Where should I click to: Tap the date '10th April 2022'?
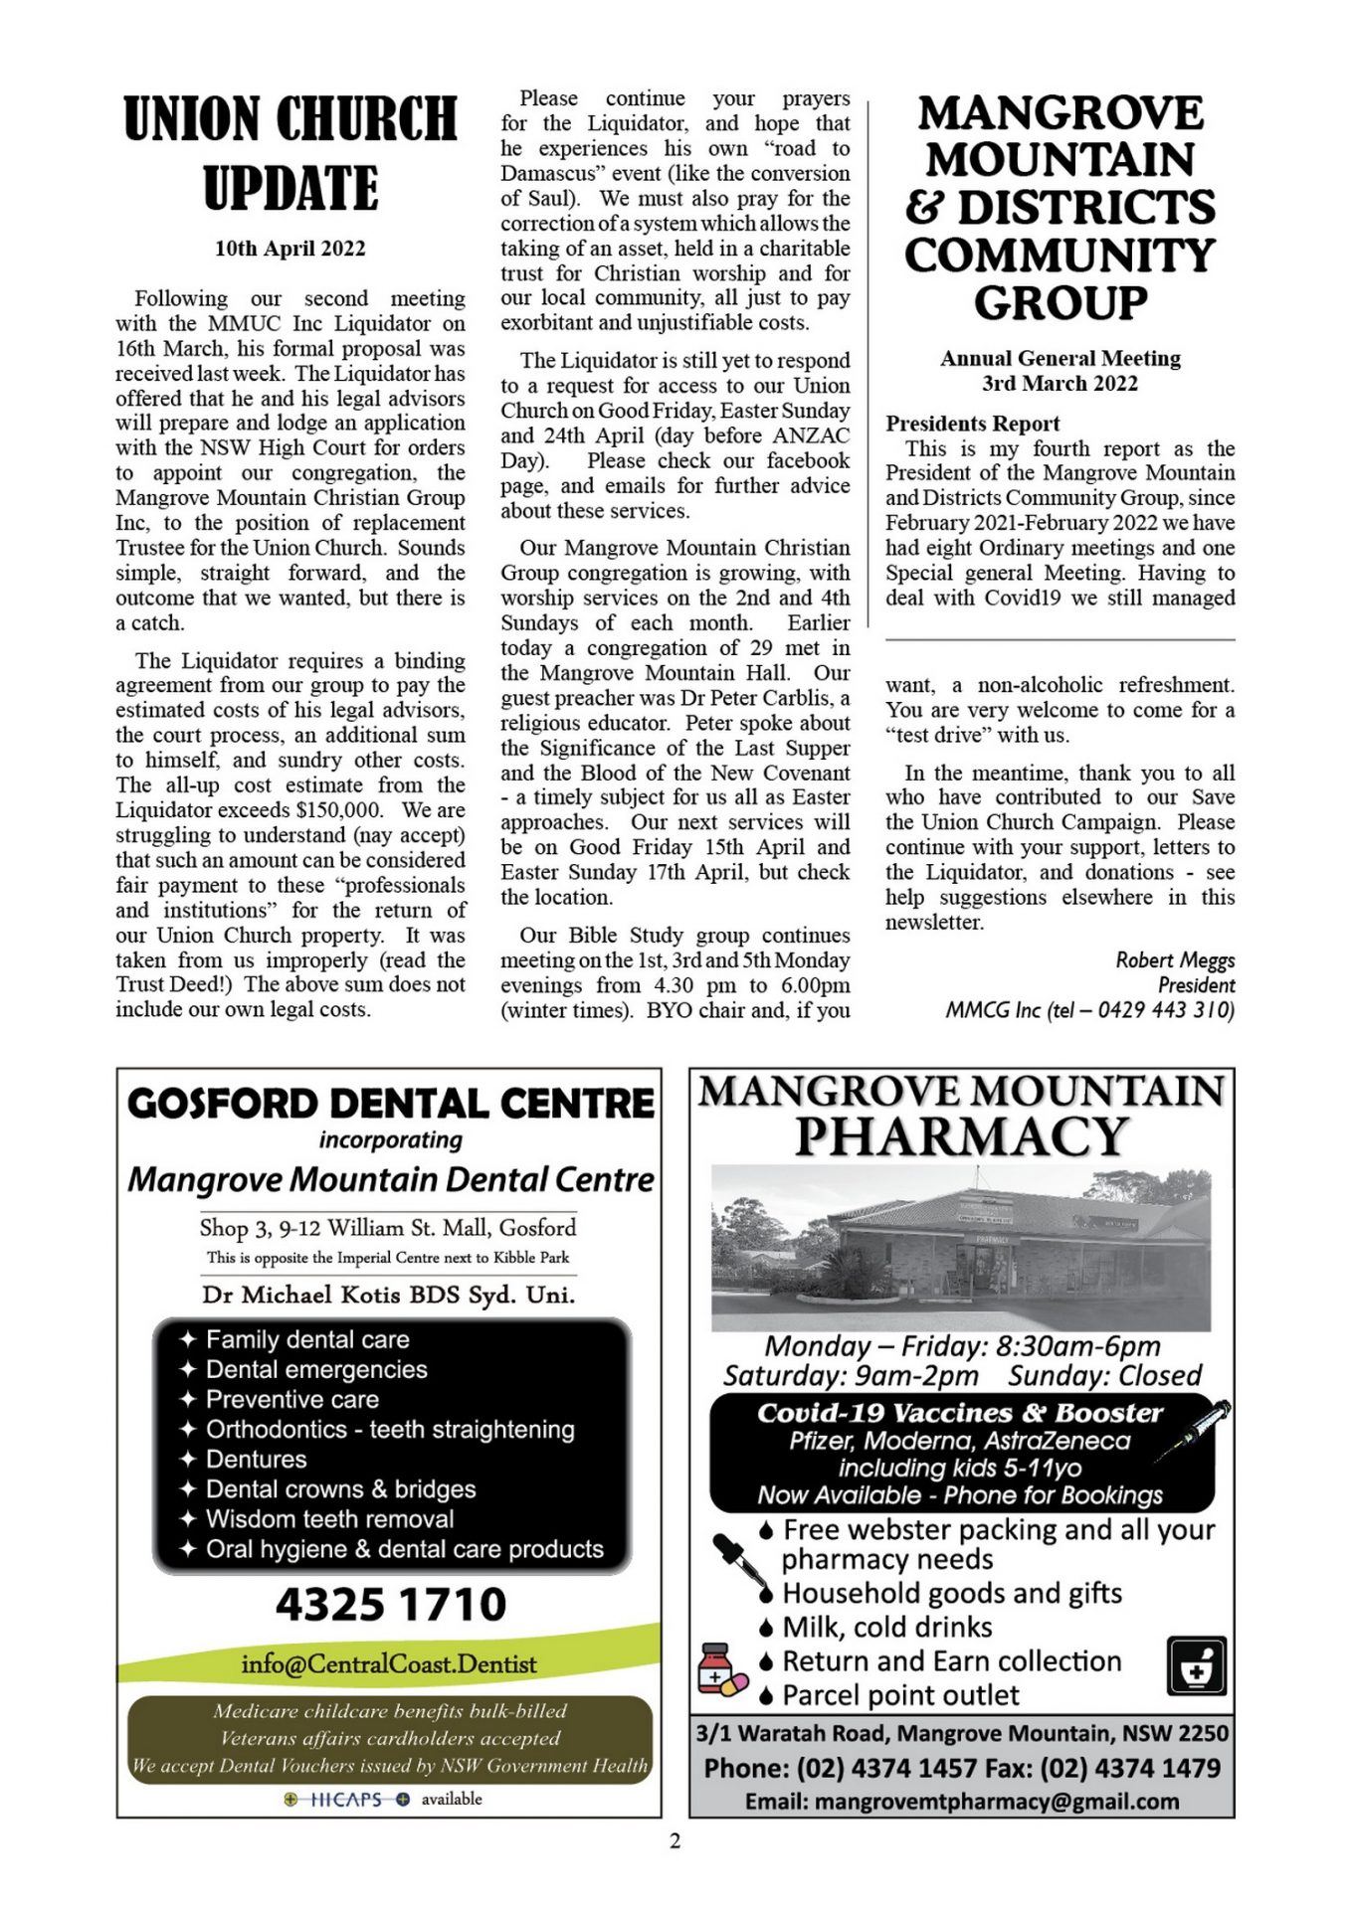pos(290,249)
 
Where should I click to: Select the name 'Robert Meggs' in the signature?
pos(1175,960)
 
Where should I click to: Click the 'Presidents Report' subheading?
pos(973,424)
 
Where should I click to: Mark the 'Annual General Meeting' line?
pos(1061,359)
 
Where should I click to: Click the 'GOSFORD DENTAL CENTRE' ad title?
pos(390,1104)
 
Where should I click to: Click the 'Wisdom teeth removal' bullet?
pos(329,1519)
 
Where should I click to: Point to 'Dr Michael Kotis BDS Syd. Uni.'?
pos(388,1295)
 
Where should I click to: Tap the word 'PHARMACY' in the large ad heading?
pos(961,1137)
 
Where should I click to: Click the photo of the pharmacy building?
pos(961,1249)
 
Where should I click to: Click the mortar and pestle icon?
pos(1196,1666)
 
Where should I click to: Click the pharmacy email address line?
pos(961,1802)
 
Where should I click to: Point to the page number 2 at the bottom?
pos(675,1841)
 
